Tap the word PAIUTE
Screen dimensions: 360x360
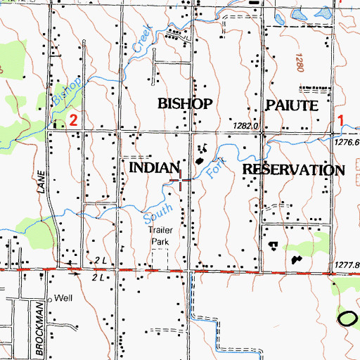(x=292, y=105)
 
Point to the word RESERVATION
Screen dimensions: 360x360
(x=294, y=170)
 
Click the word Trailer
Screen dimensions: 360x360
(x=160, y=230)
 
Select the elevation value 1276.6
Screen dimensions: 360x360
(x=347, y=142)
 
